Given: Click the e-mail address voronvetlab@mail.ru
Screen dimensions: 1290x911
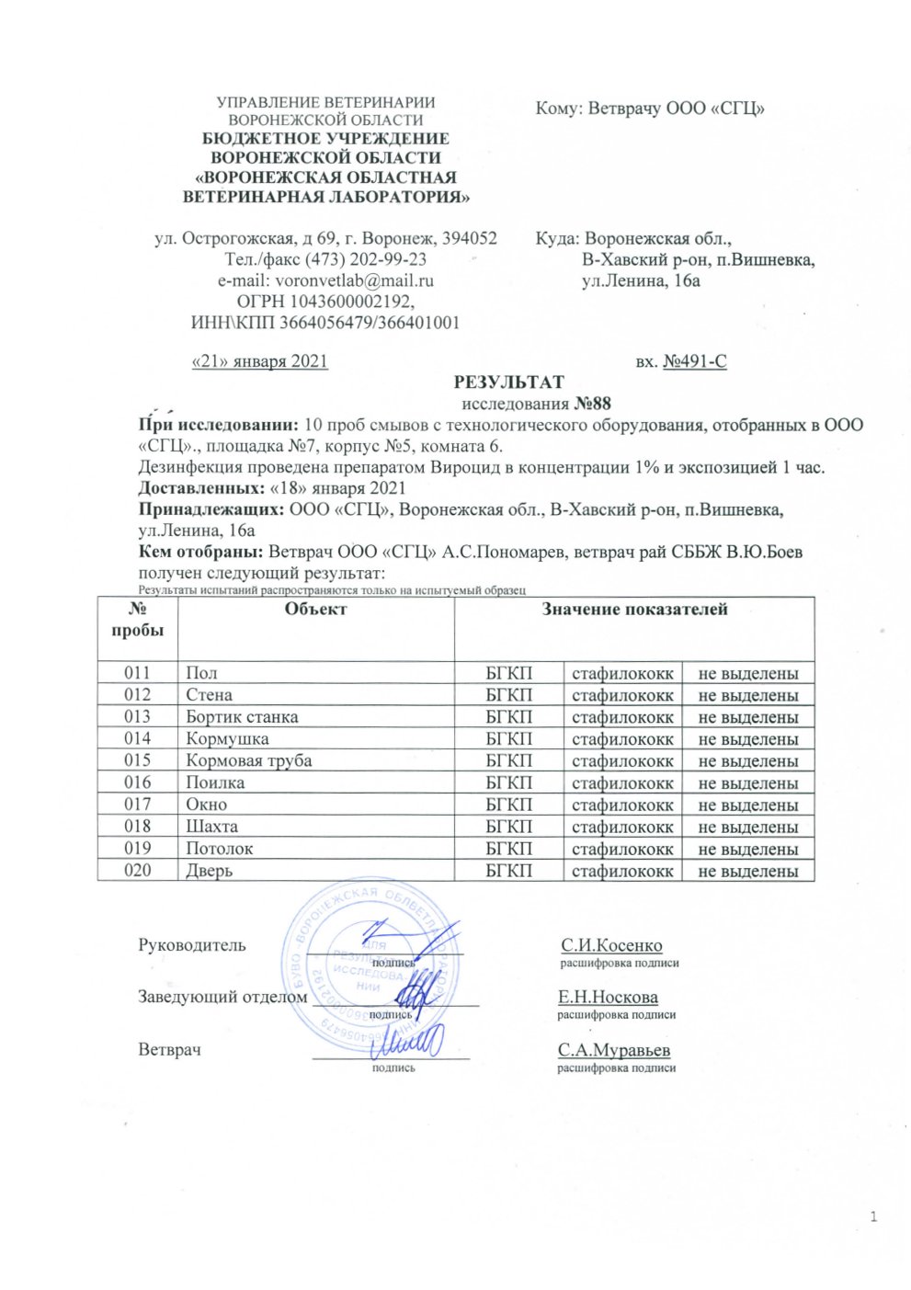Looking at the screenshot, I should [355, 281].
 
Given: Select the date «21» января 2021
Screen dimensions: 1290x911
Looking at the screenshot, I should [259, 361].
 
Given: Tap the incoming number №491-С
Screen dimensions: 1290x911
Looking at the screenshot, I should [695, 361].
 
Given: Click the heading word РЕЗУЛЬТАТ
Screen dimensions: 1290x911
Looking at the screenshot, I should [508, 382].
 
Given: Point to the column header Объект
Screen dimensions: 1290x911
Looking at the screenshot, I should [315, 609].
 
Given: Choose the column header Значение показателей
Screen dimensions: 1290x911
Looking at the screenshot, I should [634, 609].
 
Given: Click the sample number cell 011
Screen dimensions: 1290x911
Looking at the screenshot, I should [137, 673].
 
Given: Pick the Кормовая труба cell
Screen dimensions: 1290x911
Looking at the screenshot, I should [248, 760].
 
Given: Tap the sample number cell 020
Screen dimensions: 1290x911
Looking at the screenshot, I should [137, 870].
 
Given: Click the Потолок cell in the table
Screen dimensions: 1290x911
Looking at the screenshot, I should [219, 848].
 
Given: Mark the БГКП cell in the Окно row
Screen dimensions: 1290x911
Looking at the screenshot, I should [508, 805].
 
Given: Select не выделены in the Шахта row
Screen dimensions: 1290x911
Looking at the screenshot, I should [747, 827].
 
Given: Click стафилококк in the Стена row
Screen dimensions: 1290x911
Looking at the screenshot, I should [622, 695].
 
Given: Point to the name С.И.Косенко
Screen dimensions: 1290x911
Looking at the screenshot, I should [611, 945].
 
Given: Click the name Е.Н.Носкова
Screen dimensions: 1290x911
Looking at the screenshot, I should [608, 997].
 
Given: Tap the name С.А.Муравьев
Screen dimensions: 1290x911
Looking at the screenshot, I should [613, 1050].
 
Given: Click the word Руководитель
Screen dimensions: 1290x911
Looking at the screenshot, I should [192, 944].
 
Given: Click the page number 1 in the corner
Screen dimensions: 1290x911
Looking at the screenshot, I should [873, 1218].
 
